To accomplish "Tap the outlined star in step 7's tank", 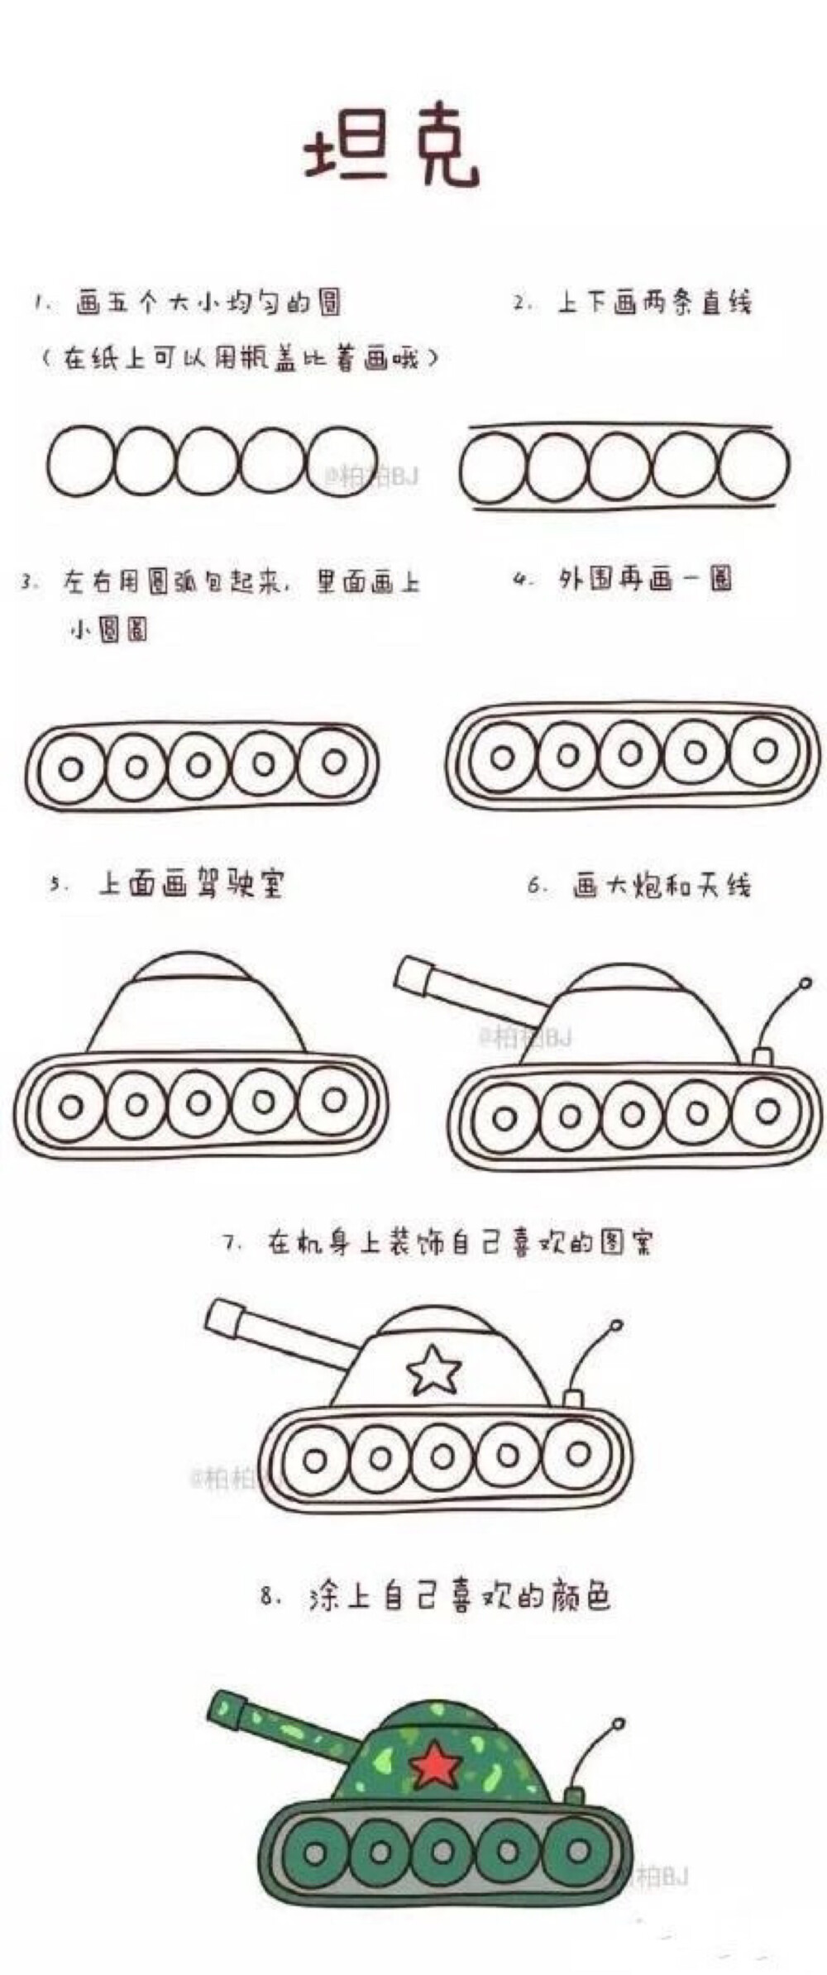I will tap(433, 1370).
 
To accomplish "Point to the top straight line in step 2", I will tap(620, 428).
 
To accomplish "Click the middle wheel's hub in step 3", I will tap(198, 766).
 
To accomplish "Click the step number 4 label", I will tap(521, 580).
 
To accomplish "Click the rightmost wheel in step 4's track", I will tap(764, 751).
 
